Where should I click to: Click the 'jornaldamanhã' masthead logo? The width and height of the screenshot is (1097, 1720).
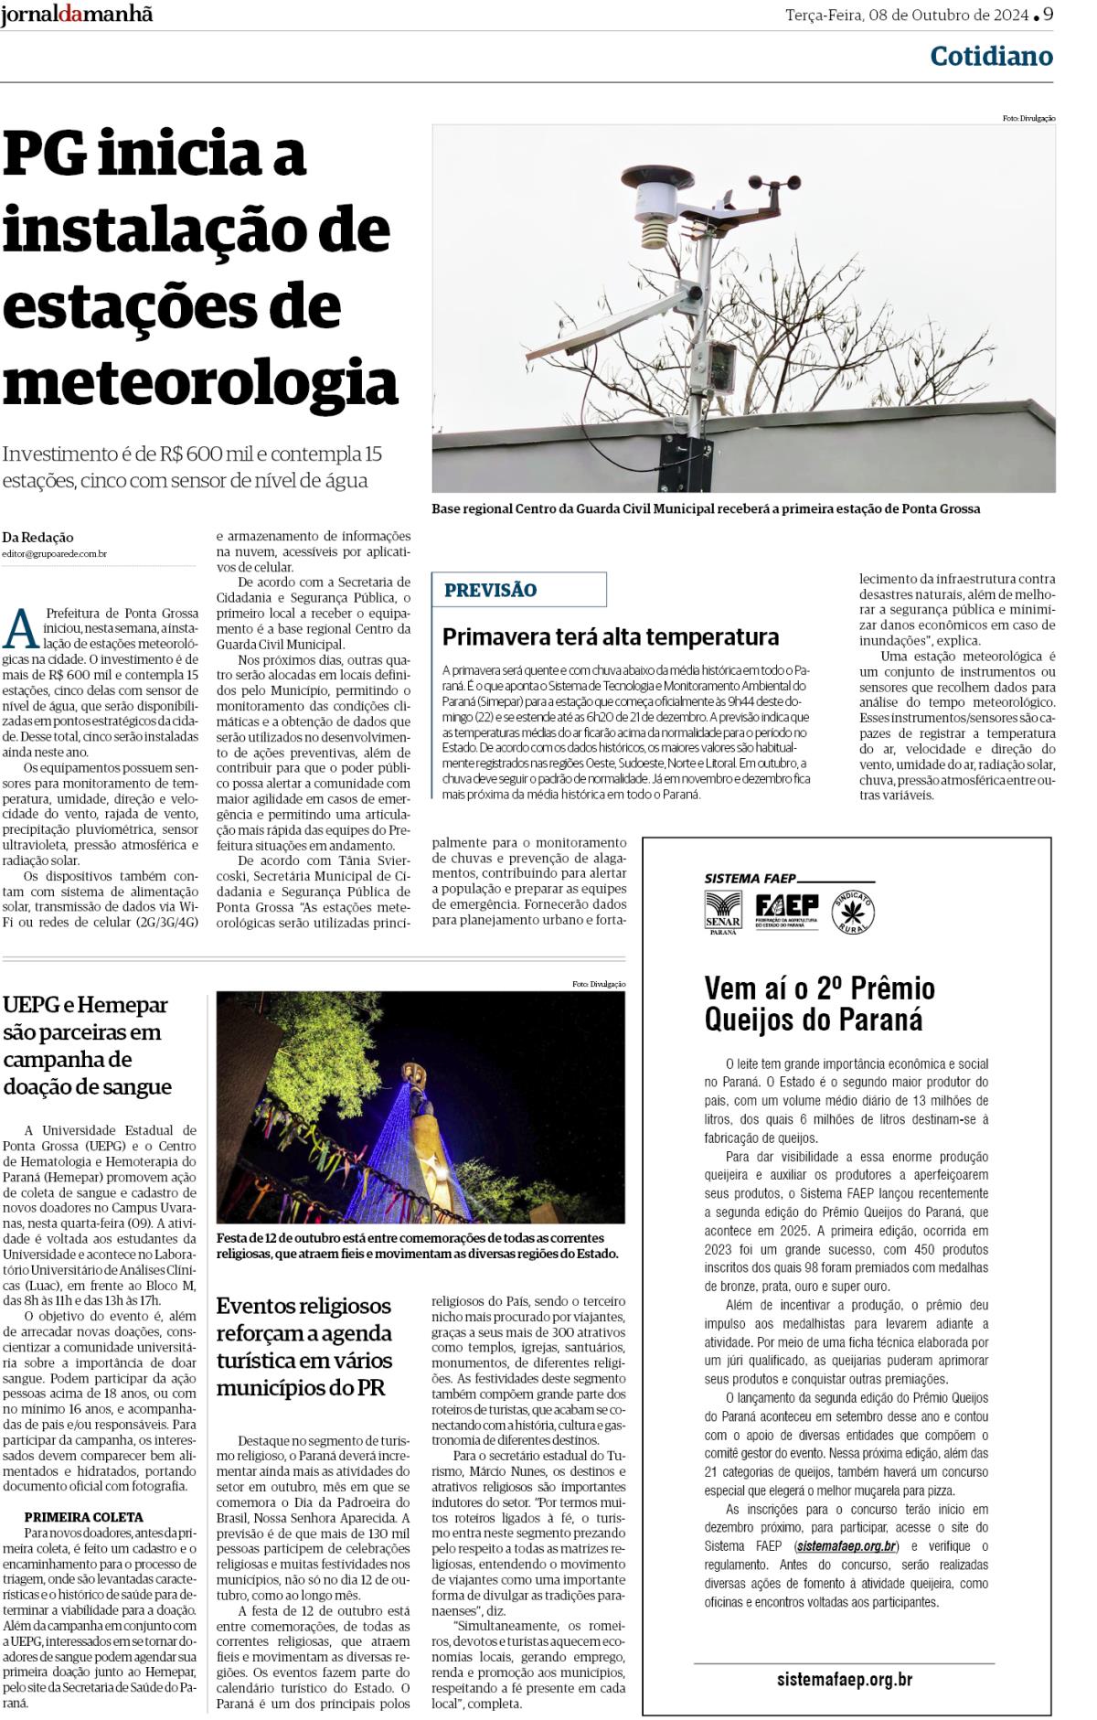point(77,15)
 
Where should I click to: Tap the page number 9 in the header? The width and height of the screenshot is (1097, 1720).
point(1048,14)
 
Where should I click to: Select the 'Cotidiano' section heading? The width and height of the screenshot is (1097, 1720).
point(991,57)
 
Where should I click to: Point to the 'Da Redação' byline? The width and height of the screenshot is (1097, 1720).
point(37,537)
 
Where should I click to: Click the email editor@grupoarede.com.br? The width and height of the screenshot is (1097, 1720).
point(54,554)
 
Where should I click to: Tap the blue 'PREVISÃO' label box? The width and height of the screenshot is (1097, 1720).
point(518,590)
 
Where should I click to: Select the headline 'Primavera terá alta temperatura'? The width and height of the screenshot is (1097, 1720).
point(611,636)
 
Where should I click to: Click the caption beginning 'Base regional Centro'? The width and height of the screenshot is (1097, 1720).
point(706,509)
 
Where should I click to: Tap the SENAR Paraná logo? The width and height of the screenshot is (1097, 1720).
point(724,912)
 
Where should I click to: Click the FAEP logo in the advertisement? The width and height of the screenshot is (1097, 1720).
point(786,909)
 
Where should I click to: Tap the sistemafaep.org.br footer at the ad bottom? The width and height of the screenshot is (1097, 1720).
point(844,1679)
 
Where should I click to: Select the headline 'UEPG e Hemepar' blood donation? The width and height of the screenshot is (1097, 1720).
point(88,1045)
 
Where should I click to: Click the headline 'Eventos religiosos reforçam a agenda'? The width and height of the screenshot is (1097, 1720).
point(305,1346)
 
